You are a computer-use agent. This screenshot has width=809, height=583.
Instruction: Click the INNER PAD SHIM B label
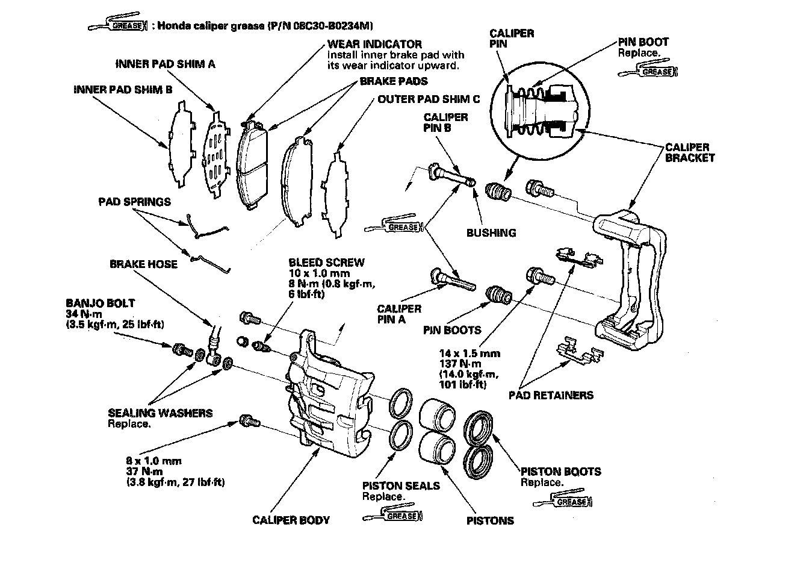123,90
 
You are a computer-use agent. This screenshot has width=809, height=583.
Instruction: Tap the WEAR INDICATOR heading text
374,44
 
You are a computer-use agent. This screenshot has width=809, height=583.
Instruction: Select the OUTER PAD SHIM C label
429,99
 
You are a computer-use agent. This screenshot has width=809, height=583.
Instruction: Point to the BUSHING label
491,232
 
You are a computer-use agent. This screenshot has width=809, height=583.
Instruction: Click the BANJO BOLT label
101,303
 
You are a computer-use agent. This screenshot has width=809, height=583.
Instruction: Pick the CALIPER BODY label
291,520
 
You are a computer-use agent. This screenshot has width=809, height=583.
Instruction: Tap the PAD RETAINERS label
551,395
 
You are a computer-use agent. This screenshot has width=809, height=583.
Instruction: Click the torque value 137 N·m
460,364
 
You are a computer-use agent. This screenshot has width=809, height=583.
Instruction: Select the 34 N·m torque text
84,314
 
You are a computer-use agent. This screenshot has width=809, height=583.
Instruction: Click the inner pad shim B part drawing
182,144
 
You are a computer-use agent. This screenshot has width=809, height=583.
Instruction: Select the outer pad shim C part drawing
337,195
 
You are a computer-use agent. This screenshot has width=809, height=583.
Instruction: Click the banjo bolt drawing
182,349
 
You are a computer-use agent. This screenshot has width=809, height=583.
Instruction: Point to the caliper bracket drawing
630,280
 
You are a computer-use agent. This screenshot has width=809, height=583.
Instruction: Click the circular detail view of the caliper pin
540,111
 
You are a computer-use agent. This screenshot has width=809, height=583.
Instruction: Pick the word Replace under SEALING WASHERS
129,423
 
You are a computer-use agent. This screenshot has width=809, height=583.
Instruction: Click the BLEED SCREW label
326,263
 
